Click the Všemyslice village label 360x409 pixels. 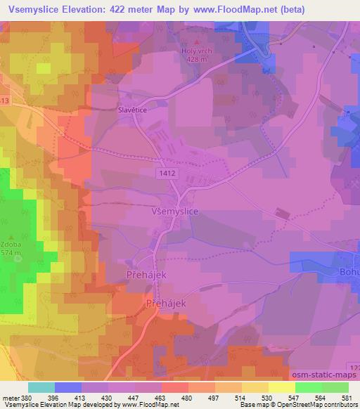coord(155,209)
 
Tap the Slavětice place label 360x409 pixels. coord(131,110)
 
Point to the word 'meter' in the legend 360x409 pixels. coord(8,397)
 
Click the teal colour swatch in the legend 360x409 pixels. coord(41,387)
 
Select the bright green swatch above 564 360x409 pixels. coord(309,387)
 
